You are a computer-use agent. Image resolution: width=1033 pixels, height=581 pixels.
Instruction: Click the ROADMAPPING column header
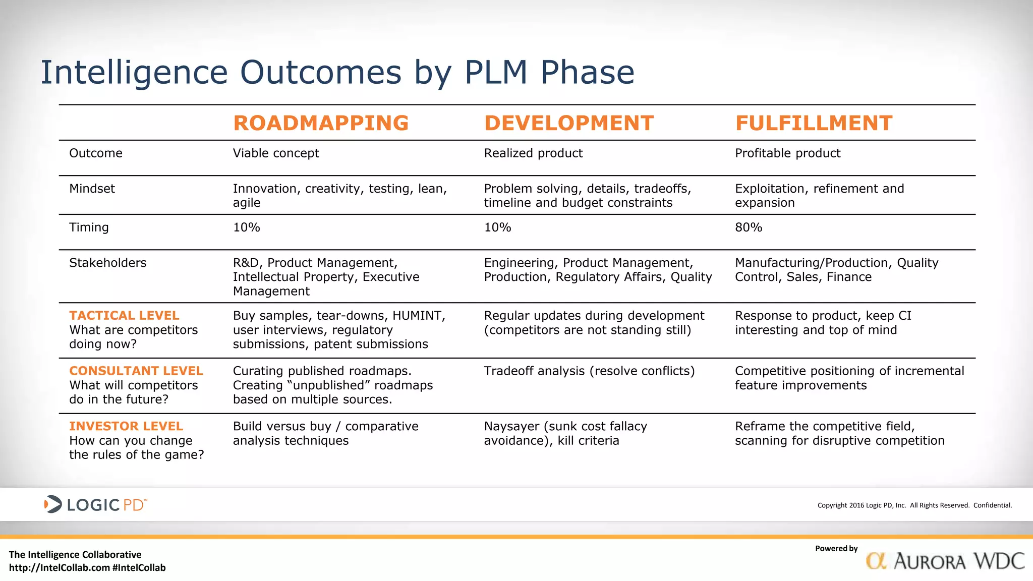(321, 123)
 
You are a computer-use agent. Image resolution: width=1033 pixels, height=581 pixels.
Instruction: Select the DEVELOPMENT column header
(568, 123)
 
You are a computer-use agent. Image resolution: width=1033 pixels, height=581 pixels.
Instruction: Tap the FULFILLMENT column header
(814, 123)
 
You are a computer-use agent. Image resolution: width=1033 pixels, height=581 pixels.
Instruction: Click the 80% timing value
(749, 227)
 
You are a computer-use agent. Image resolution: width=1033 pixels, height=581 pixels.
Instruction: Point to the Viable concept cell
(276, 153)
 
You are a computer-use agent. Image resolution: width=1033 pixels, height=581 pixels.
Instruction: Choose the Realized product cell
(533, 153)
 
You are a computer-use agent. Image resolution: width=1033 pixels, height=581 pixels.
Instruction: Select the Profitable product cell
(787, 153)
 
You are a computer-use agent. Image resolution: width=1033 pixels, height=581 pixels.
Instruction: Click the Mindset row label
(92, 189)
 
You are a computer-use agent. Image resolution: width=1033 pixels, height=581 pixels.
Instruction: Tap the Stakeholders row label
(107, 263)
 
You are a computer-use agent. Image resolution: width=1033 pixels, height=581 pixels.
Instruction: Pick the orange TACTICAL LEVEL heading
(124, 316)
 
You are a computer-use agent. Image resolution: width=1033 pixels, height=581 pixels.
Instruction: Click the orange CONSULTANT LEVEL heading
(136, 371)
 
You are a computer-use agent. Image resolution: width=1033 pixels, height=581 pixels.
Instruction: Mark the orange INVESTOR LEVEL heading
(126, 427)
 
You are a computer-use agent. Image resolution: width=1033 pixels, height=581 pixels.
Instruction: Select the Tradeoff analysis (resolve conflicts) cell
(589, 371)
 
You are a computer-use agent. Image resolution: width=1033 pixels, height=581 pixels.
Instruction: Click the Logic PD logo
(95, 504)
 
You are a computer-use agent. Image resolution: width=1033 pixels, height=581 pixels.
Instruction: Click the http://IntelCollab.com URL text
(60, 568)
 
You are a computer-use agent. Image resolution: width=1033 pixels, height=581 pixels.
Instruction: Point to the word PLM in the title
(495, 72)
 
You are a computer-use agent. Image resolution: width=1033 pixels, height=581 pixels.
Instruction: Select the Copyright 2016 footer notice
(914, 505)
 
